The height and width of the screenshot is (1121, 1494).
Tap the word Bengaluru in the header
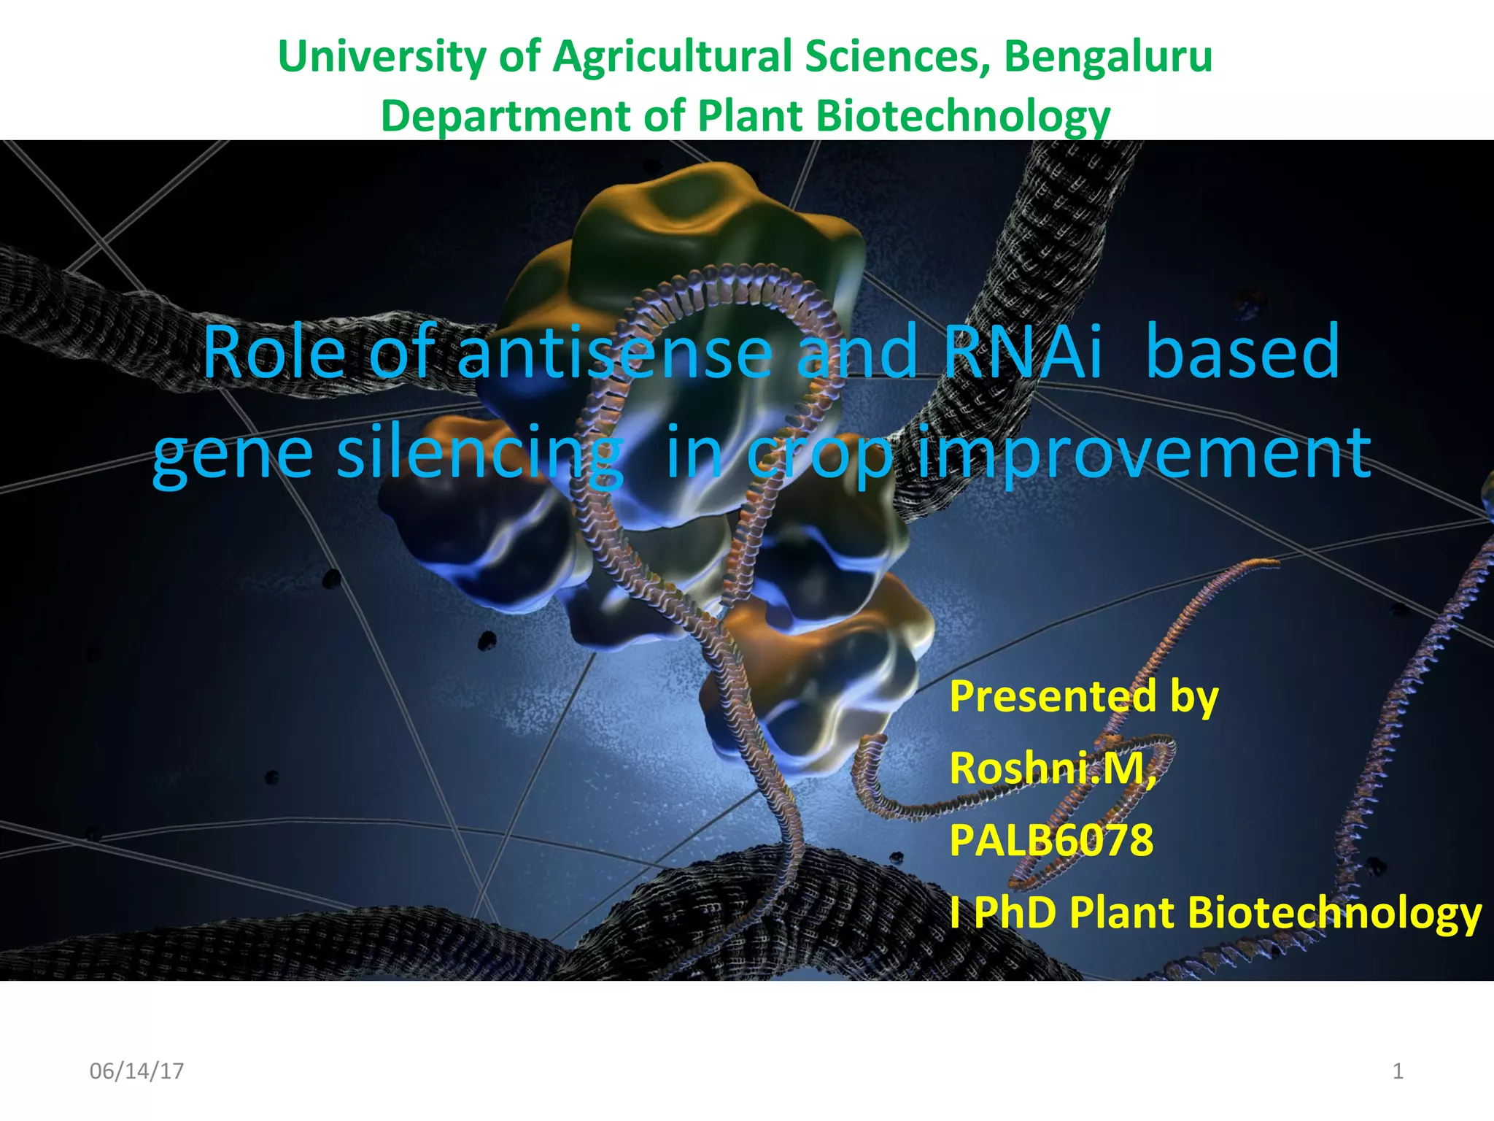point(1108,57)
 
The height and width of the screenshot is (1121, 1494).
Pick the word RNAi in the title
point(1022,352)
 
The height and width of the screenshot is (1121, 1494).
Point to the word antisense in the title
point(614,352)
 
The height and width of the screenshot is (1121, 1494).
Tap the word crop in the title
point(819,454)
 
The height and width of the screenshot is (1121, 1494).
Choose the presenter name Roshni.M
point(1051,768)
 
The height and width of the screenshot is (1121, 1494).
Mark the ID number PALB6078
point(1051,840)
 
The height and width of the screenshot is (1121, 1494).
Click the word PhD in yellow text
point(1015,912)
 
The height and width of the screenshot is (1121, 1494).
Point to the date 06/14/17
point(136,1071)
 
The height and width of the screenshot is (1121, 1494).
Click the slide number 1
point(1398,1071)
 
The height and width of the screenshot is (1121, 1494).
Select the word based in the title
point(1243,352)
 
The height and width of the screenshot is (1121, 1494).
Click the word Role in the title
point(274,352)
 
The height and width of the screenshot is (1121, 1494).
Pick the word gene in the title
point(233,454)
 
